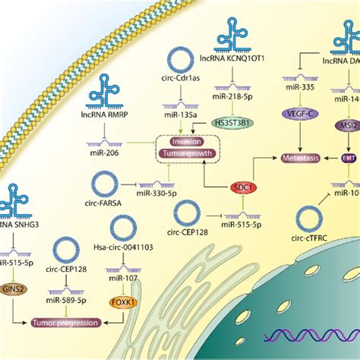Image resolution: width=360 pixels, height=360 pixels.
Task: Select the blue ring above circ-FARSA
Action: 106,185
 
